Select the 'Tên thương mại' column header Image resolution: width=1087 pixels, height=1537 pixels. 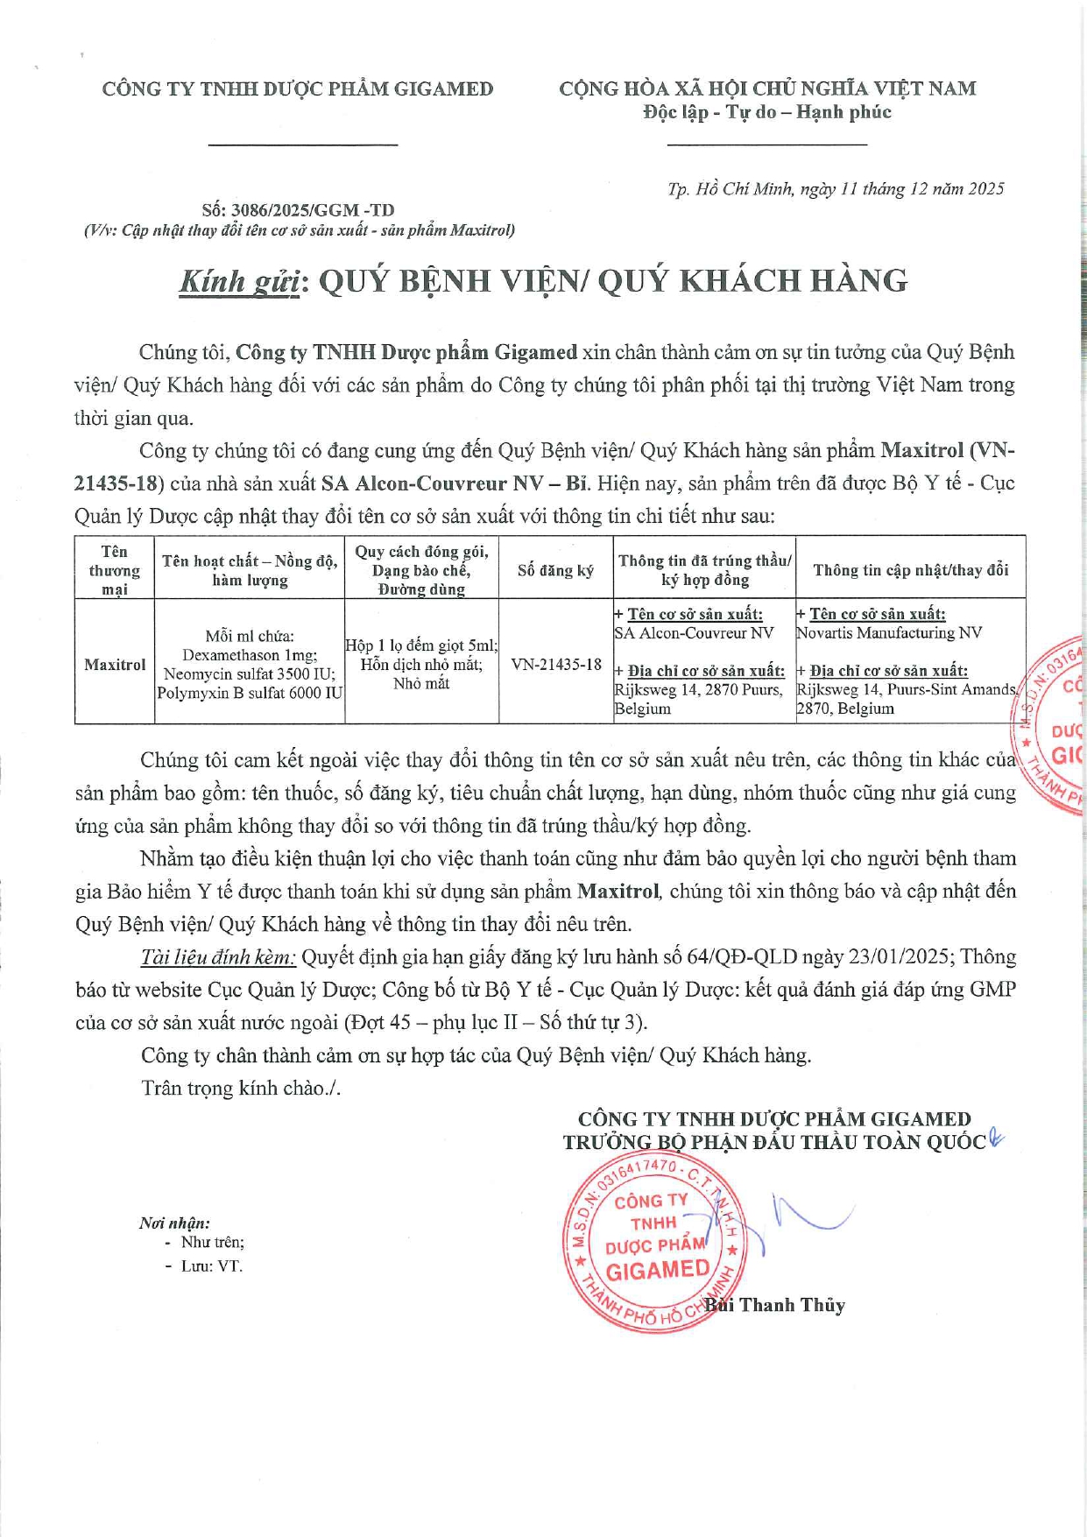[x=115, y=570]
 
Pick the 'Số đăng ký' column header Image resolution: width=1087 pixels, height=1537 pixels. [x=555, y=571]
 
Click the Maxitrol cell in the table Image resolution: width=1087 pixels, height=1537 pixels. [x=115, y=665]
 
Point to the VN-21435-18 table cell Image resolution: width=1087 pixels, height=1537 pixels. [x=556, y=665]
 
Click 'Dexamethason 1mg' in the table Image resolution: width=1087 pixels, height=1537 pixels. [x=250, y=655]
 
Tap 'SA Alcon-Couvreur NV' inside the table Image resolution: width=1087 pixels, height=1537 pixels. [x=695, y=633]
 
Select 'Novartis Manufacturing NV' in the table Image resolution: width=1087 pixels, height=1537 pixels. [x=889, y=633]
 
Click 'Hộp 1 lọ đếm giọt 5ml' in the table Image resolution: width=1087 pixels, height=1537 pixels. [x=421, y=645]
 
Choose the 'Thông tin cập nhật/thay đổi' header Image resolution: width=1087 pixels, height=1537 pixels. [x=911, y=570]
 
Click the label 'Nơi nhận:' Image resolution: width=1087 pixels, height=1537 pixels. [x=174, y=1223]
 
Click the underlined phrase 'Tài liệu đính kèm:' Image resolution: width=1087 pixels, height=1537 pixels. [x=218, y=957]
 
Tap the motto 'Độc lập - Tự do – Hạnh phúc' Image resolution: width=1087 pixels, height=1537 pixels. [x=766, y=112]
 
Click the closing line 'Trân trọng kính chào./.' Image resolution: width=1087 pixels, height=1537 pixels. [x=241, y=1088]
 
